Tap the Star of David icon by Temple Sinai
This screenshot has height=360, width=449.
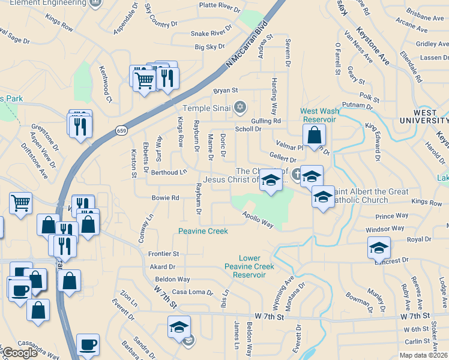[x=240, y=107]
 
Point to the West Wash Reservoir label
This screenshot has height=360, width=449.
[x=319, y=115]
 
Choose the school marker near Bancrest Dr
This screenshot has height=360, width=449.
[x=379, y=247]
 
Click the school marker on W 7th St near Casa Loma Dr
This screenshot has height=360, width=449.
[x=179, y=327]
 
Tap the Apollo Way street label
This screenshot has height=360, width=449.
[x=258, y=220]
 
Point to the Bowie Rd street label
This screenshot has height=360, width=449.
[x=166, y=197]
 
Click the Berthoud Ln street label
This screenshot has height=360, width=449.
[x=169, y=172]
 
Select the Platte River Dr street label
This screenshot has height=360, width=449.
[x=220, y=8]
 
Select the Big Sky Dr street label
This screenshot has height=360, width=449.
[x=209, y=46]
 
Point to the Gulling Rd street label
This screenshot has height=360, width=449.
[x=266, y=121]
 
